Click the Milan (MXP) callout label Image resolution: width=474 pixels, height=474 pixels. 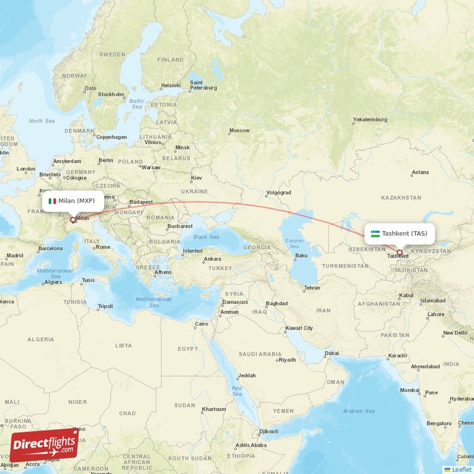coord(72,201)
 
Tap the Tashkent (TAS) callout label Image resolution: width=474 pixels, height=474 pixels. coord(400,233)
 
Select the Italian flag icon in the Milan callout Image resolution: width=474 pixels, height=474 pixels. coord(52,201)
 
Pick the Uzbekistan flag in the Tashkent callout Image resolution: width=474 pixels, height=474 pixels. coord(375,233)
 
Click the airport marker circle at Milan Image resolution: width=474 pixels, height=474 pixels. coord(73,220)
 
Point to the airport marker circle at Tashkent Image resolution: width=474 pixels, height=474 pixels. coord(399,252)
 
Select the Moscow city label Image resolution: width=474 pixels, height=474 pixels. coord(239,130)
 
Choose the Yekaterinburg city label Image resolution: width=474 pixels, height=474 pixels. coord(370,120)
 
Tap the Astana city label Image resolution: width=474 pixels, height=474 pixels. coord(419,172)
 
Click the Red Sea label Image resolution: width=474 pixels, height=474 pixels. coord(237,391)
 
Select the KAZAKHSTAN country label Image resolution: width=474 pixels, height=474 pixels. coord(401,197)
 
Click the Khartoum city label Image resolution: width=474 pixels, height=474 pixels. coord(214,409)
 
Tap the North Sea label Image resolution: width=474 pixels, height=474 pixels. coord(41,121)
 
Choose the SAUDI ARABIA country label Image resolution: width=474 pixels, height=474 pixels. coord(261,354)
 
